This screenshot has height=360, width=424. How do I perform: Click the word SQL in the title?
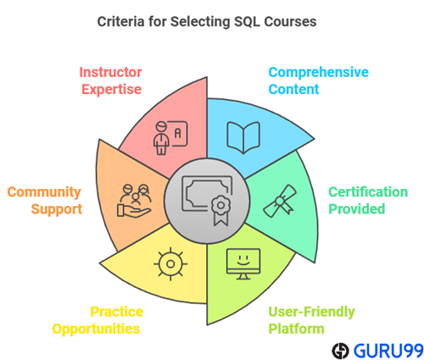click(x=247, y=22)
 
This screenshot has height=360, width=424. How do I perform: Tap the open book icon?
click(x=243, y=137)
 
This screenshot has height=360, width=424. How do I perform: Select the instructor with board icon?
click(x=170, y=138)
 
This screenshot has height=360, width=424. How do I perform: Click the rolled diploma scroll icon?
click(x=280, y=201)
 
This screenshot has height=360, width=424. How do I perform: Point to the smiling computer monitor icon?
click(x=243, y=264)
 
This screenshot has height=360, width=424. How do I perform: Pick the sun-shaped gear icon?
click(x=170, y=264)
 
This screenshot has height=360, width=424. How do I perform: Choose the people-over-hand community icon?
click(x=134, y=201)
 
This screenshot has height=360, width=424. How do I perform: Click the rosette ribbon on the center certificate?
click(x=220, y=210)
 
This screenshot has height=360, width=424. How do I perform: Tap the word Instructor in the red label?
click(x=110, y=72)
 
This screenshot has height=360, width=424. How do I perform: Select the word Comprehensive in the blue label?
click(x=319, y=72)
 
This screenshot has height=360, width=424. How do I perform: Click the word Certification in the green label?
click(x=368, y=192)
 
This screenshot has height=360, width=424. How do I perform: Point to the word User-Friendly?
click(x=311, y=312)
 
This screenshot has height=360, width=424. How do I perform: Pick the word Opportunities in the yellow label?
click(x=96, y=330)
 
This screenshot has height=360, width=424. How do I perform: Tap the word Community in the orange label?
click(x=44, y=192)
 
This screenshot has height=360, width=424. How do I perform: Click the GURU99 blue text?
click(x=388, y=351)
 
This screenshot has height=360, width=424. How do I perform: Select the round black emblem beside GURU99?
click(x=341, y=351)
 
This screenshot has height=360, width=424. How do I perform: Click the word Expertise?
click(x=112, y=90)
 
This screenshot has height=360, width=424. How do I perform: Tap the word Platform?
click(x=296, y=329)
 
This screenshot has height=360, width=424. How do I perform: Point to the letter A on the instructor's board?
click(x=177, y=133)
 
